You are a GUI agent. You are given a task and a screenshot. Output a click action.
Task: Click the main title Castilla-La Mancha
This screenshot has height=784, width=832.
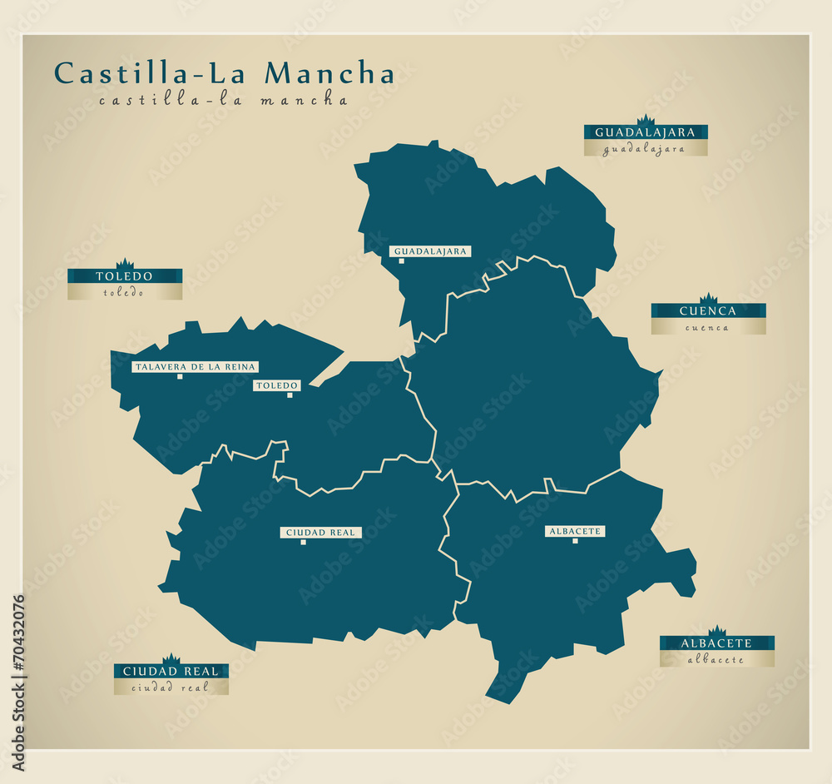click(x=224, y=73)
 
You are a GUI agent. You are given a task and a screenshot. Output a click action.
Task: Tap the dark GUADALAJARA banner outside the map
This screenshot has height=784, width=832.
click(x=645, y=132)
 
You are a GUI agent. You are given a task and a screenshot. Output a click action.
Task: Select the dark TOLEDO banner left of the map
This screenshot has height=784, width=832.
click(x=124, y=276)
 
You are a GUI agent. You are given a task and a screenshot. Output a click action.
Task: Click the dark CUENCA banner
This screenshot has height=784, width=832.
click(x=708, y=311)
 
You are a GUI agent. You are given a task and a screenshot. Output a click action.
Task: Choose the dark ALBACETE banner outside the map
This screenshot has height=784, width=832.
click(x=716, y=643)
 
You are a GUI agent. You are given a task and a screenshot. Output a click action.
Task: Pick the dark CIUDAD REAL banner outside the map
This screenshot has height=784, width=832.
click(x=171, y=671)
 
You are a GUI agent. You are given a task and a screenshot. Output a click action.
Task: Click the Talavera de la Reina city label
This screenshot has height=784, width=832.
click(x=196, y=367)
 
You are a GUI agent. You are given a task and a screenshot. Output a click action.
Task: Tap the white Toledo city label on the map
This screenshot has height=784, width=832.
click(x=277, y=385)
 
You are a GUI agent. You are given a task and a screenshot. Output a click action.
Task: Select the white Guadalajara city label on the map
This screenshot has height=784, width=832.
click(x=431, y=251)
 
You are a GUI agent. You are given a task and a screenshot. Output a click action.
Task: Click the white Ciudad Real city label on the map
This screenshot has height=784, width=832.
click(x=320, y=533)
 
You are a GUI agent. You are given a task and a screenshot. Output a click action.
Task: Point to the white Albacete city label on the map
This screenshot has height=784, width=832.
click(x=575, y=531)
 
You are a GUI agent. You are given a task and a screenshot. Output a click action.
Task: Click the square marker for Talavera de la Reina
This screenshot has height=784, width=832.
click(x=180, y=376)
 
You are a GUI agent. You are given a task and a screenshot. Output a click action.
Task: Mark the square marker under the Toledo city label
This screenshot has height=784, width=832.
click(x=290, y=394)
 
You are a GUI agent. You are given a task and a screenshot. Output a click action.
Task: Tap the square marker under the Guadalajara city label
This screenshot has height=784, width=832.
click(x=401, y=261)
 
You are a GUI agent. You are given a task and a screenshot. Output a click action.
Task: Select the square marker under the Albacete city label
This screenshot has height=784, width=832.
click(x=575, y=541)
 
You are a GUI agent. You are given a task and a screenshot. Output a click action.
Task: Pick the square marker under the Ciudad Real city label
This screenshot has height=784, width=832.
click(x=303, y=542)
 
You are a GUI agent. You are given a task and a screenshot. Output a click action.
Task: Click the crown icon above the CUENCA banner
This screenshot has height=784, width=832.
click(x=708, y=299)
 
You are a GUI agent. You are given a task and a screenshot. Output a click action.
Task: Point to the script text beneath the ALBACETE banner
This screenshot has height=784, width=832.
click(x=716, y=660)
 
